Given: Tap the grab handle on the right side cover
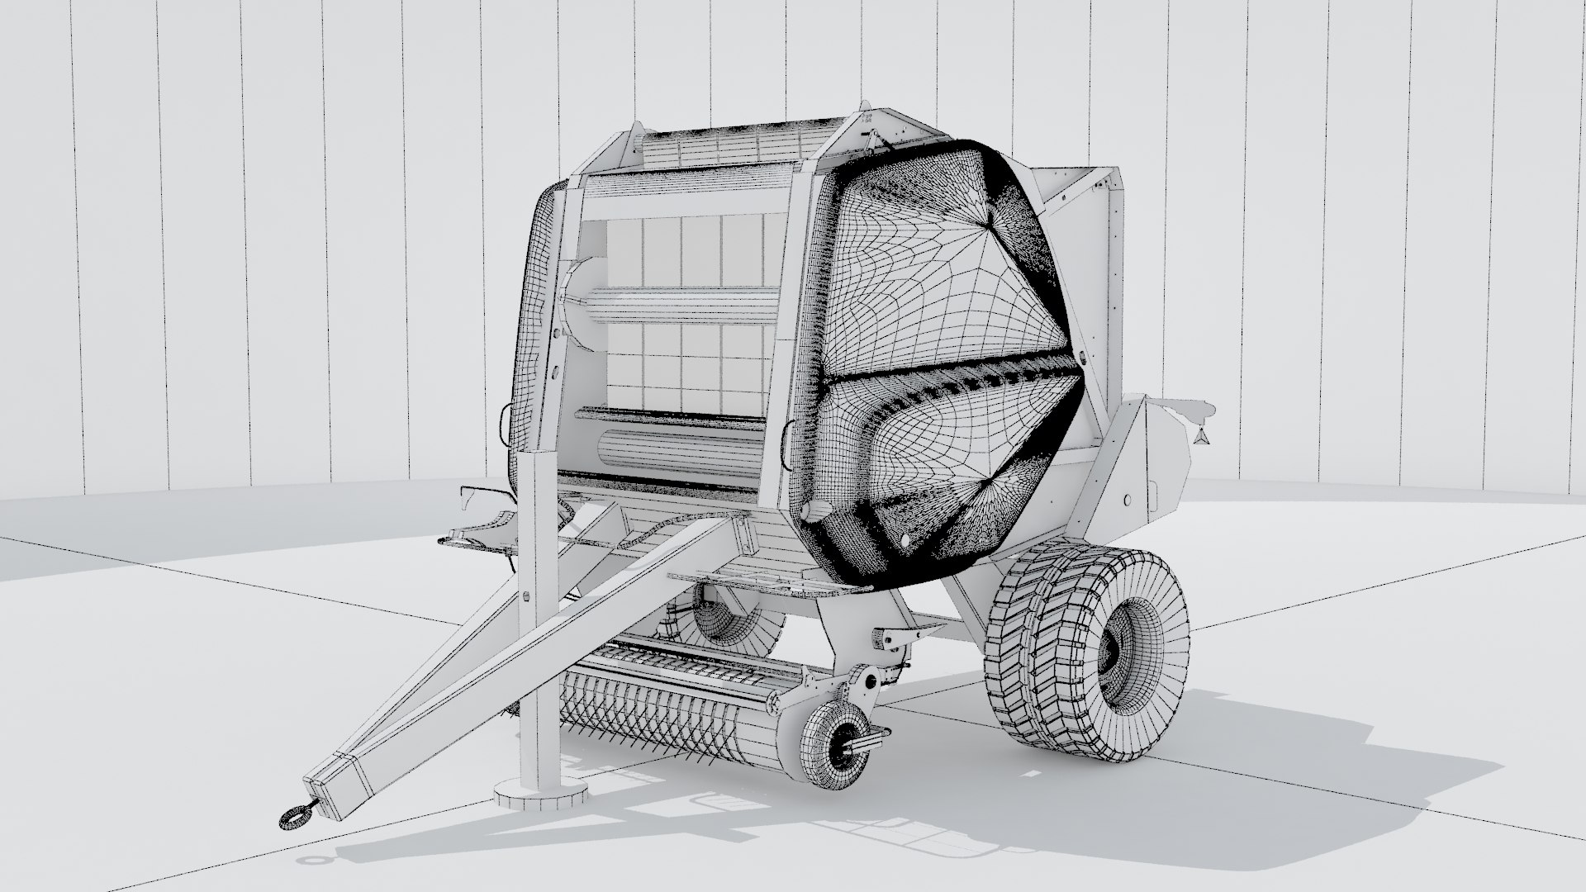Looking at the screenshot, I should pos(788,433).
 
